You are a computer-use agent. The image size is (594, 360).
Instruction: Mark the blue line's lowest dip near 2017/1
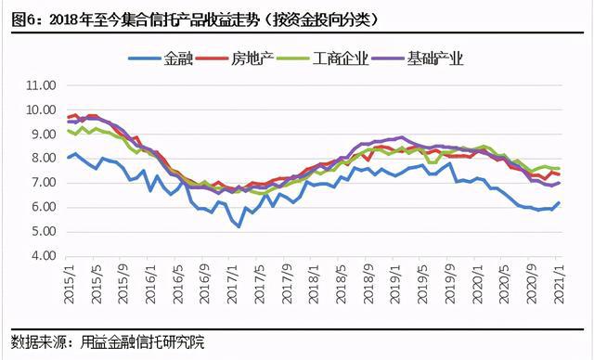[239, 226]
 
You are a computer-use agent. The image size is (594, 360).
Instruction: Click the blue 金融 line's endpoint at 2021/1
[560, 202]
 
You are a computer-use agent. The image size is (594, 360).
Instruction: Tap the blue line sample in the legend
[144, 59]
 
